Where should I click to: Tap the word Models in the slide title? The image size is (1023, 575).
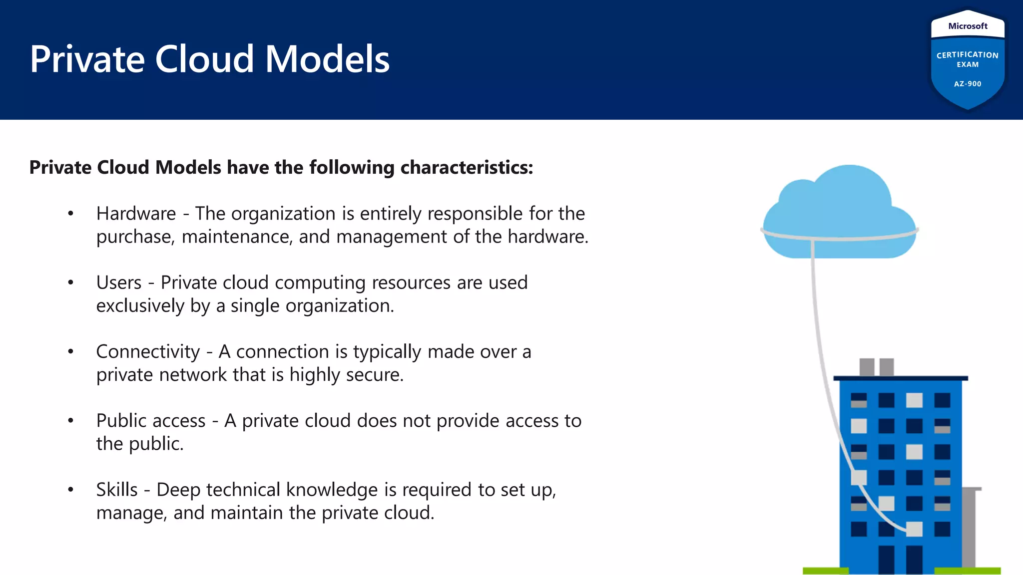[x=327, y=59]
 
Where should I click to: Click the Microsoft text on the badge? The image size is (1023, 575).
[x=968, y=26]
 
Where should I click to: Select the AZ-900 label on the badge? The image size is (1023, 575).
[x=968, y=84]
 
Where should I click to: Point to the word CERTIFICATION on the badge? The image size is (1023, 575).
[x=968, y=55]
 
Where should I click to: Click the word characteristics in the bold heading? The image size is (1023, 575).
[x=467, y=168]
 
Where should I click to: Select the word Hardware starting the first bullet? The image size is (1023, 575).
[x=136, y=214]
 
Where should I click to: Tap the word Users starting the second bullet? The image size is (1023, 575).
[x=119, y=283]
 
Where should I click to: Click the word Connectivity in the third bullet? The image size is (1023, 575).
[x=148, y=352]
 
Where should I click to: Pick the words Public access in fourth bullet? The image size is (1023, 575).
[x=151, y=421]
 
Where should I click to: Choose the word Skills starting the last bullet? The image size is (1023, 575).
[x=117, y=490]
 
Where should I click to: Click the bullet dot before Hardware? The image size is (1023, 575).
[x=71, y=214]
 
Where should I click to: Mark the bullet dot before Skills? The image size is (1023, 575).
[x=71, y=490]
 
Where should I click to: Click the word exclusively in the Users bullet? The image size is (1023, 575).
[x=140, y=305]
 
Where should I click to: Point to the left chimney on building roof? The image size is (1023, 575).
[x=867, y=367]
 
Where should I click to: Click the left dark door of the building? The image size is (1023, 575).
[x=886, y=559]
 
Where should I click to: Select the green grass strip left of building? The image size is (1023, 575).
[x=825, y=571]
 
